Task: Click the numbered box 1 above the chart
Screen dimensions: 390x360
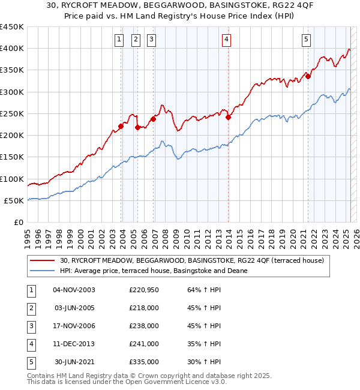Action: (119, 40)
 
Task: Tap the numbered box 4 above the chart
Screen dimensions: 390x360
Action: (227, 40)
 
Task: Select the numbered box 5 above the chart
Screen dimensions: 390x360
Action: (306, 40)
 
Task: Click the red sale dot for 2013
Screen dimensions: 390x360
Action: (228, 117)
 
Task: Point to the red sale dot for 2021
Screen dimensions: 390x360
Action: (308, 76)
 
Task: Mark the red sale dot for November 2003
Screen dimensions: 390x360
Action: (121, 126)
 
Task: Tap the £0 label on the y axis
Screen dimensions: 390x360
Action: (18, 222)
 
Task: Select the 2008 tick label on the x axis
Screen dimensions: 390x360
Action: (164, 235)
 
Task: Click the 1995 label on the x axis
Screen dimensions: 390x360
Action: (28, 235)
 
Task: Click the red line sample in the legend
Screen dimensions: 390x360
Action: (43, 260)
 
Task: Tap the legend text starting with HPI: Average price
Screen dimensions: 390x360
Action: (154, 271)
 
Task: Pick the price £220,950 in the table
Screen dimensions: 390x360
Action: (144, 290)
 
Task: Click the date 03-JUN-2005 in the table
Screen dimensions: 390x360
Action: (74, 308)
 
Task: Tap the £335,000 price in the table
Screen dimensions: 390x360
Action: (144, 362)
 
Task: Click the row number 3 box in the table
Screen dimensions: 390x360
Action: (31, 326)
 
